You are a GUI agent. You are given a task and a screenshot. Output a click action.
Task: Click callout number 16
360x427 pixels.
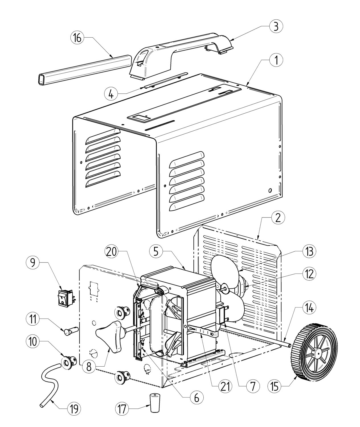point(77,38)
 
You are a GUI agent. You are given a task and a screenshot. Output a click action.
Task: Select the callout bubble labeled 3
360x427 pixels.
point(276,26)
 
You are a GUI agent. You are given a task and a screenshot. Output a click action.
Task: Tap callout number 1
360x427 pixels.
point(276,60)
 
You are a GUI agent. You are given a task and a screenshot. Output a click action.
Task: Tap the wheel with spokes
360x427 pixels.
point(314,346)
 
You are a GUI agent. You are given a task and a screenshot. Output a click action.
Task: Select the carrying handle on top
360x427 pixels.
point(181,54)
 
